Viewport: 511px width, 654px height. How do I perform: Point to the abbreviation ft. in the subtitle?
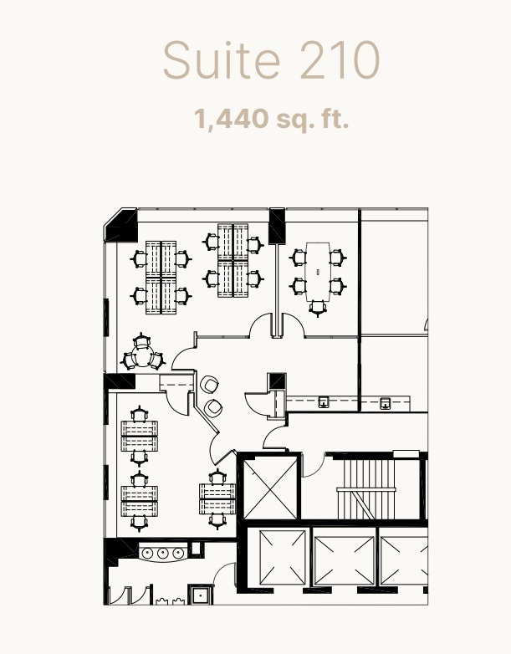pos(333,119)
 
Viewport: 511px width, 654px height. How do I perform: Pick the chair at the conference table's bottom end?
pos(318,307)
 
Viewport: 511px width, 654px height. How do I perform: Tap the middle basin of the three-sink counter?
pos(162,553)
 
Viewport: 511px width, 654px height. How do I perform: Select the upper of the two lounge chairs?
pos(209,385)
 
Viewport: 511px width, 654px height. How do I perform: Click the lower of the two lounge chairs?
pos(214,407)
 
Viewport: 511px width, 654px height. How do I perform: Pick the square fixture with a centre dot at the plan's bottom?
pos(200,595)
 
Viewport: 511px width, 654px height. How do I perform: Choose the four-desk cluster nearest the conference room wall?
pos(233,260)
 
